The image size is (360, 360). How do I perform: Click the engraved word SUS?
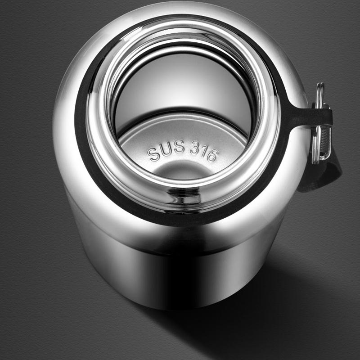[x=166, y=149]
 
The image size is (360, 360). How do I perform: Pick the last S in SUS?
[x=179, y=147]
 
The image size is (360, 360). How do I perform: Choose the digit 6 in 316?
[x=212, y=156]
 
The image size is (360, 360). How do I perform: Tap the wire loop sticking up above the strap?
[x=320, y=94]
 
